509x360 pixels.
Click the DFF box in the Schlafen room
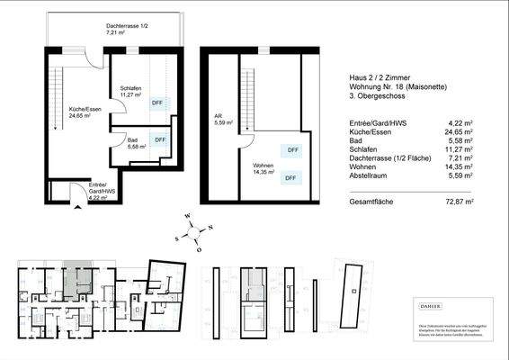point(157,103)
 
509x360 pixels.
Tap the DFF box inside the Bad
point(160,140)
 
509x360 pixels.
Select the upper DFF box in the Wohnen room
point(292,150)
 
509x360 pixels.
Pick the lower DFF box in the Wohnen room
point(290,178)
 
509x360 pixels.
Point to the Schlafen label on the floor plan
point(130,88)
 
